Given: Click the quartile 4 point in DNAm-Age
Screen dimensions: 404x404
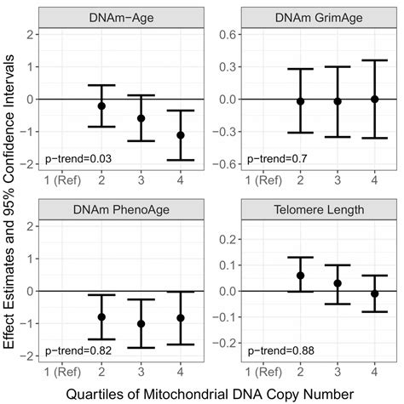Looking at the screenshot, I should (179, 135).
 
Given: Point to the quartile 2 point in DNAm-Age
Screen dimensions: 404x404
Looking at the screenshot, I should (101, 105).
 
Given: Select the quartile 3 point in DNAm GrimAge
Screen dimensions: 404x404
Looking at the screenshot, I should (337, 101).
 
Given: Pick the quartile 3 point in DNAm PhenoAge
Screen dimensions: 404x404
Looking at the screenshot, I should (141, 323).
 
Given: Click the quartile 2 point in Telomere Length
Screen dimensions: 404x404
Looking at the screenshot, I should (298, 276).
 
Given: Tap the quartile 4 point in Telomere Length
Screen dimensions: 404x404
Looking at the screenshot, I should (375, 293).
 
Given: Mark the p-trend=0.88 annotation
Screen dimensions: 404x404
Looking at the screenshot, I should (271, 350).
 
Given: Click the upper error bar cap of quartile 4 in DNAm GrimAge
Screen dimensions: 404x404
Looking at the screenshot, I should (375, 60).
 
